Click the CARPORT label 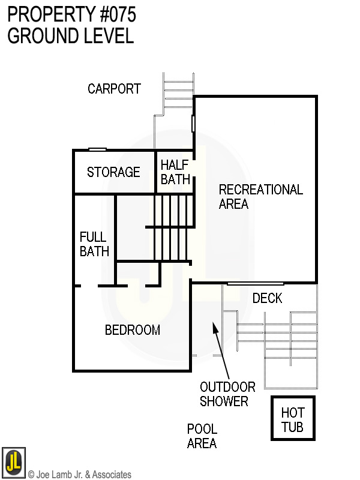(114, 89)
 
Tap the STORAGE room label (113, 172)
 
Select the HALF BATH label (175, 172)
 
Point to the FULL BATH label (94, 244)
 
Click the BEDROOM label (133, 330)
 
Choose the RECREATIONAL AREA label (260, 197)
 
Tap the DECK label (267, 298)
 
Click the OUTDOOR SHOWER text (227, 394)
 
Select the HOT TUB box (293, 419)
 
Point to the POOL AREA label (202, 436)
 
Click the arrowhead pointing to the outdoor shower (214, 326)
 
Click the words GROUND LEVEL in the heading (70, 36)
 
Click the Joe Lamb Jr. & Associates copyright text (80, 475)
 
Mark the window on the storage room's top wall (97, 149)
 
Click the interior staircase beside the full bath (170, 227)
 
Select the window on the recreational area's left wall (193, 124)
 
